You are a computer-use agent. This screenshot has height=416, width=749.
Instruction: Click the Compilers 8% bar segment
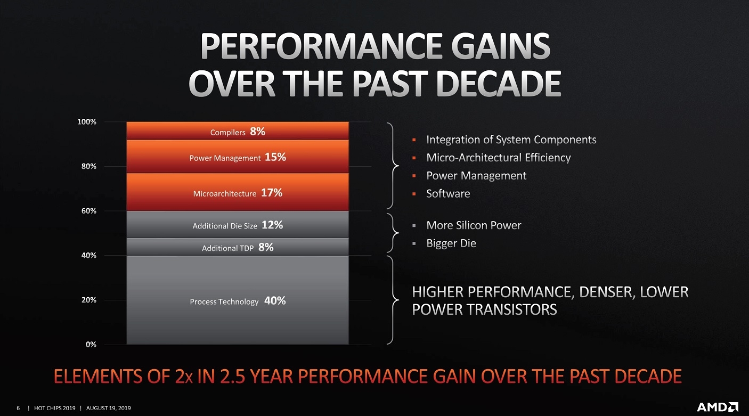click(238, 130)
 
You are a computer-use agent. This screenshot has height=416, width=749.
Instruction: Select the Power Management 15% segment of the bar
click(238, 157)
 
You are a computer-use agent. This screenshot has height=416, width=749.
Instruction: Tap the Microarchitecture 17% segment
click(238, 192)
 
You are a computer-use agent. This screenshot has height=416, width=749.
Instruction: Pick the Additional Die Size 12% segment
click(238, 224)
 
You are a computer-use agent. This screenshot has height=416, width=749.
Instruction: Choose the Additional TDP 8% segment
click(238, 247)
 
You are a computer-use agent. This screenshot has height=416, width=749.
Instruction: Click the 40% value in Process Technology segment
click(275, 300)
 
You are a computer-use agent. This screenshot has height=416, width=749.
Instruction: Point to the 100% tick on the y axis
click(87, 122)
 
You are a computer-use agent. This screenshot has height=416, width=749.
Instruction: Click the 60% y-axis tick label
click(88, 211)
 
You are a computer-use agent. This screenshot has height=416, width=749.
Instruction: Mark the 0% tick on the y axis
click(91, 345)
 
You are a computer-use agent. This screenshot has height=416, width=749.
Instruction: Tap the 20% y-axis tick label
click(88, 300)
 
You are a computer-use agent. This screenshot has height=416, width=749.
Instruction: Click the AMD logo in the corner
click(718, 407)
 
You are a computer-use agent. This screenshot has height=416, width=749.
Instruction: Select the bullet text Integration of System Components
click(511, 140)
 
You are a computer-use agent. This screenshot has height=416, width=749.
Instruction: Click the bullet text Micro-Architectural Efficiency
click(499, 158)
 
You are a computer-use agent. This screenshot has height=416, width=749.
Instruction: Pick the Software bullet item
click(448, 194)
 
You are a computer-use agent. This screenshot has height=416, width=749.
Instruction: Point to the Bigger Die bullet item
click(451, 243)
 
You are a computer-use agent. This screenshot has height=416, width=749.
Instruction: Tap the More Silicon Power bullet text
click(474, 225)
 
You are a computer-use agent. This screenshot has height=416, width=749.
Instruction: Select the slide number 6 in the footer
click(18, 408)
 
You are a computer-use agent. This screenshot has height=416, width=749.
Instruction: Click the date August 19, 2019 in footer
click(108, 408)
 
